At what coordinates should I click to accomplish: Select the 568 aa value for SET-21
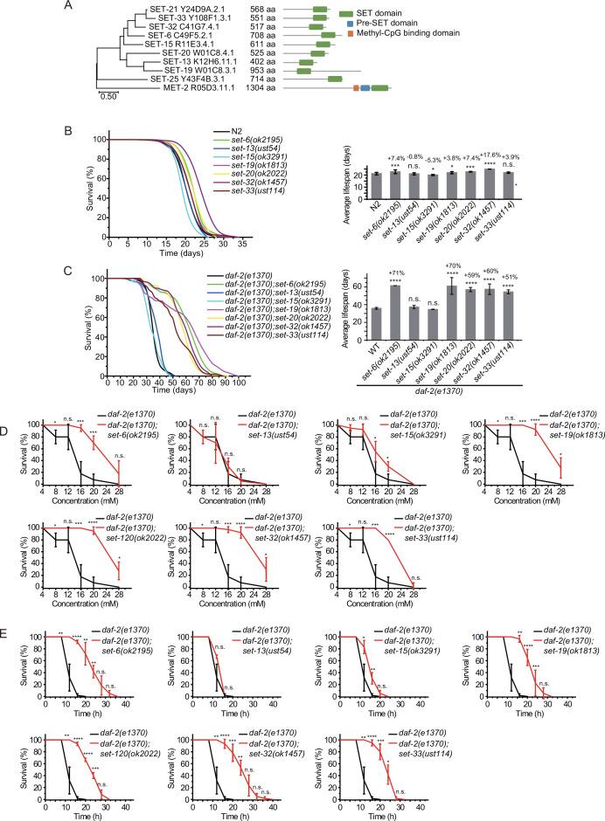click(x=251, y=10)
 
